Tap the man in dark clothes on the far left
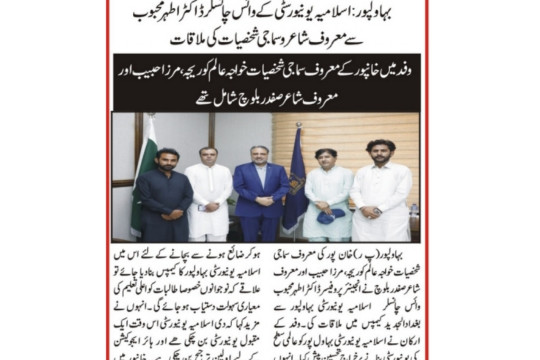162,195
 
